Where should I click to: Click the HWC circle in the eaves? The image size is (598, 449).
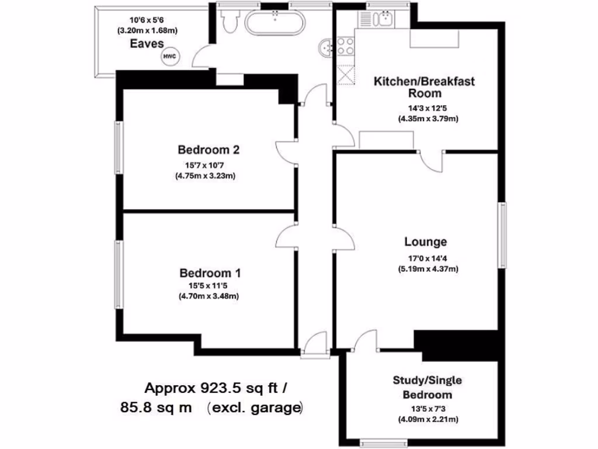(x=169, y=57)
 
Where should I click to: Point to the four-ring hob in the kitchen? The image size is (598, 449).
(x=344, y=45)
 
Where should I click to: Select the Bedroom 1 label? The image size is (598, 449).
(x=210, y=273)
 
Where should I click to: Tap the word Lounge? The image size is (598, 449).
(x=426, y=242)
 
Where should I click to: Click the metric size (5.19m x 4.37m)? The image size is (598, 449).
(x=427, y=269)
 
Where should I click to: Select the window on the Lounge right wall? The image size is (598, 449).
(x=502, y=234)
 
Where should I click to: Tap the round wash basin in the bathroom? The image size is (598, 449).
(x=325, y=46)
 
